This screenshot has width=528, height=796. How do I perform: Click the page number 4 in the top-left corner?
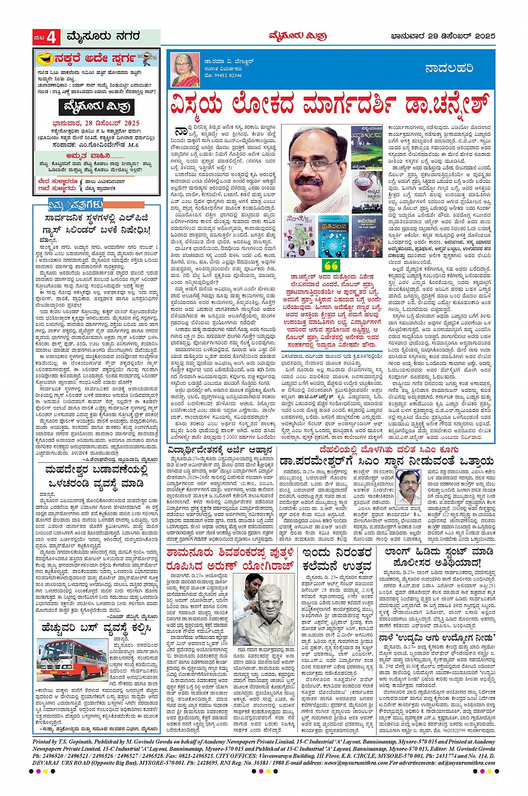51,37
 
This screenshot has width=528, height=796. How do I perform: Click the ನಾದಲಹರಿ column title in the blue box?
449,68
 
